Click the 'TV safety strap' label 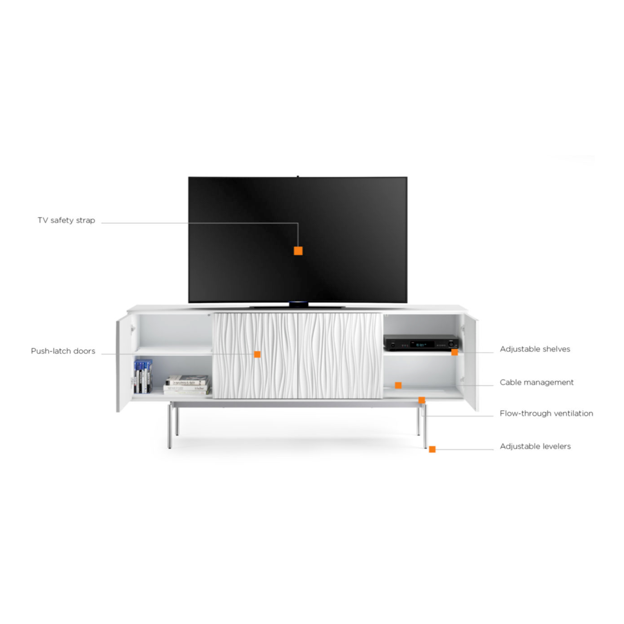[66, 220]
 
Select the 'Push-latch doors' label [63, 351]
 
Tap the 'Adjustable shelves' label [535, 349]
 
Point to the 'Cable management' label [537, 382]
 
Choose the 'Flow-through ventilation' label [546, 413]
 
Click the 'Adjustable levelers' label [535, 446]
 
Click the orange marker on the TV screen [298, 251]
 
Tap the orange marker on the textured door [257, 354]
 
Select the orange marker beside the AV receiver [454, 352]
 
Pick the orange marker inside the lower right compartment [398, 385]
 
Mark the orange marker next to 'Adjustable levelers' [432, 449]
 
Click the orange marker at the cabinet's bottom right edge [421, 400]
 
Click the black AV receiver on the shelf [421, 343]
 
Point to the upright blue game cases [143, 376]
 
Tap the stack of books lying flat [187, 385]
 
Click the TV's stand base [298, 305]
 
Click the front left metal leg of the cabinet [170, 426]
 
